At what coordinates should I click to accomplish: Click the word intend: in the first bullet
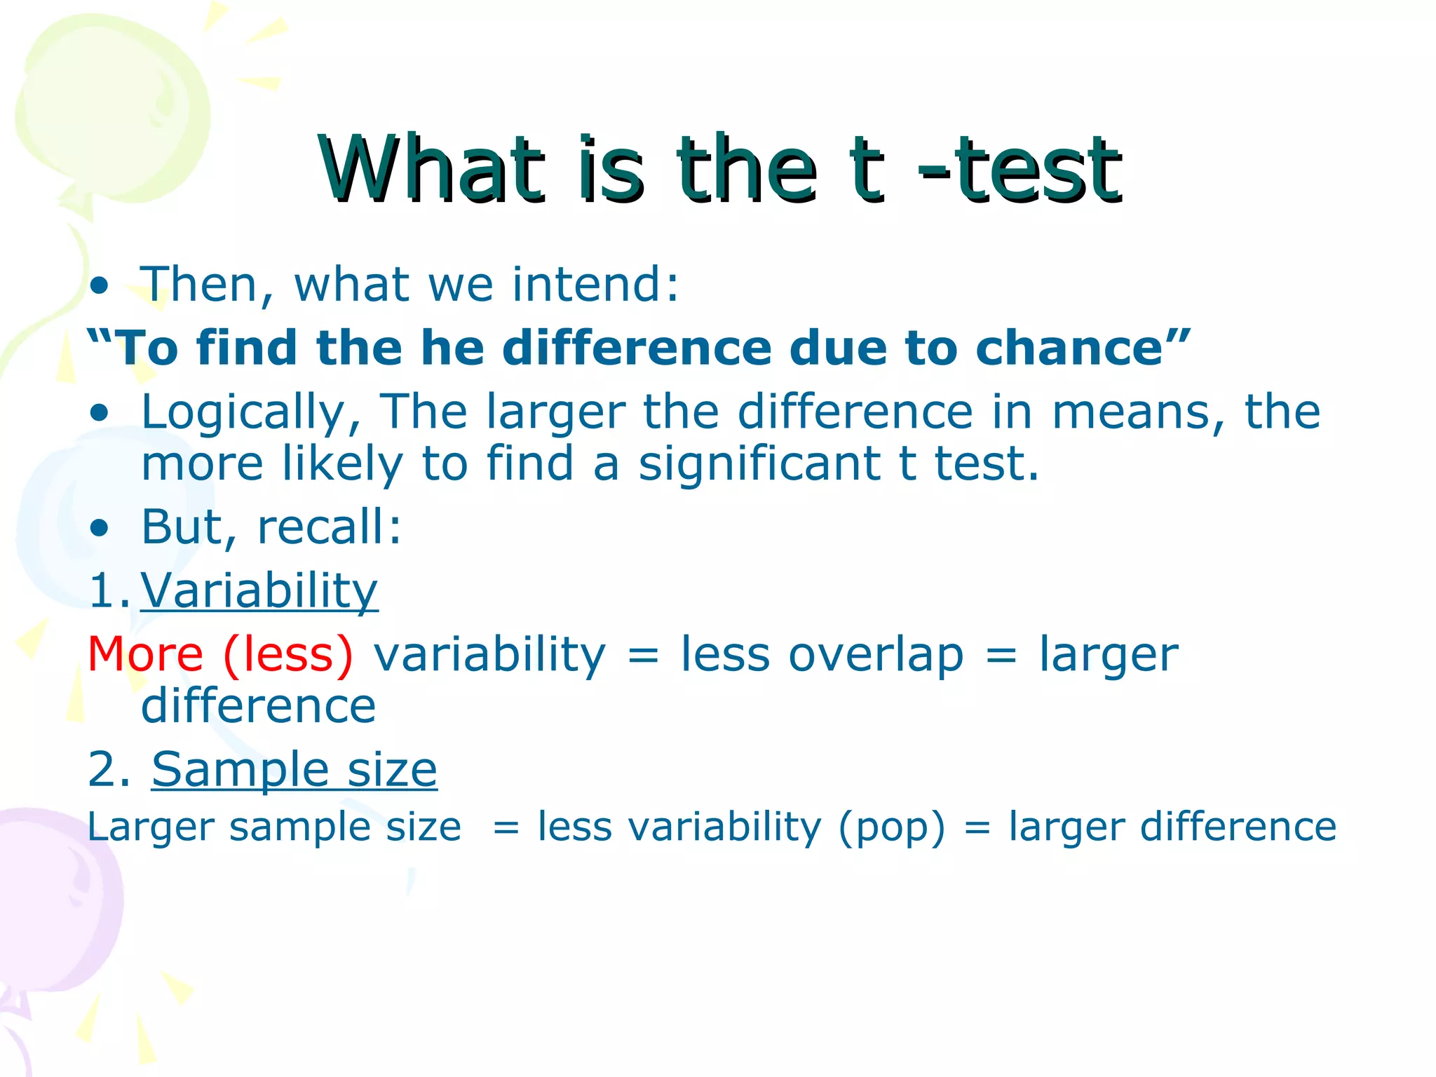click(595, 284)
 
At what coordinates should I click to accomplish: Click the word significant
click(759, 464)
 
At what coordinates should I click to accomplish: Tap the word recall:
click(329, 527)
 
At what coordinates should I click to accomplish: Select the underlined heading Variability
click(259, 590)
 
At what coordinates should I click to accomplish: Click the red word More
click(145, 654)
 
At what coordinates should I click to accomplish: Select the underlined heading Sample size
click(294, 770)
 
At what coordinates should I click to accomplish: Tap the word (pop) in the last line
click(891, 828)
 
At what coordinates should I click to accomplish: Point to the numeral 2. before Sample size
click(109, 770)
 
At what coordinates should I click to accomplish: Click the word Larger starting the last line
click(150, 828)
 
